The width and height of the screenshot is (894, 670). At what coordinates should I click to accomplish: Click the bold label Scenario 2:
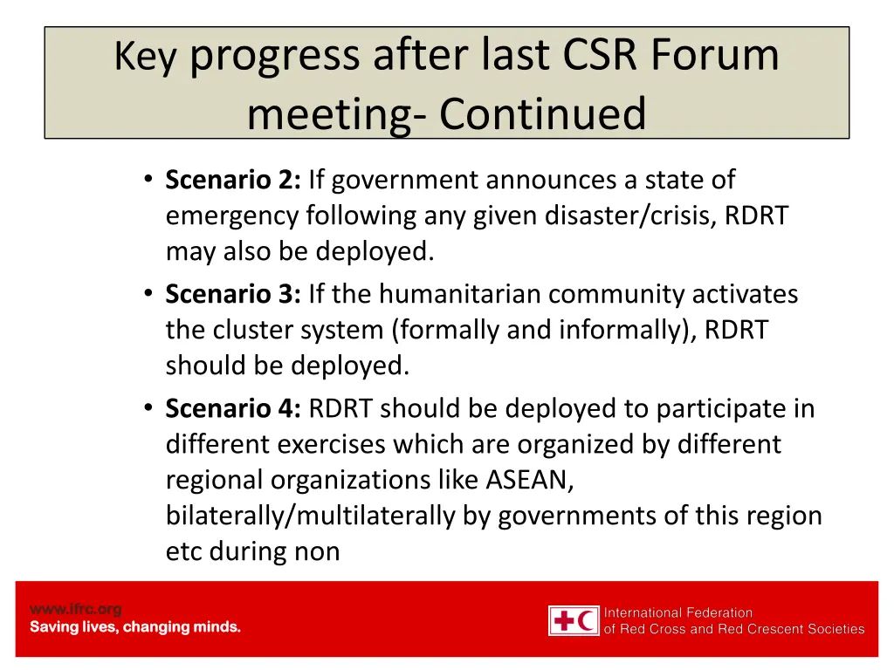point(233,180)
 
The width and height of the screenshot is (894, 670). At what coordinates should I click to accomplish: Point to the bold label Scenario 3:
point(233,294)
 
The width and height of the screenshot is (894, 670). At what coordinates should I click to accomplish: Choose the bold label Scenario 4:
point(233,408)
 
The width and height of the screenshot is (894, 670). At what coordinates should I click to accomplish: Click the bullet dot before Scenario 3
point(148,294)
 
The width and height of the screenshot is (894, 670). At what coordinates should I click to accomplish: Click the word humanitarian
point(459,294)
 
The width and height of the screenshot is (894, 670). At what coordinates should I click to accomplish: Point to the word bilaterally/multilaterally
point(311,516)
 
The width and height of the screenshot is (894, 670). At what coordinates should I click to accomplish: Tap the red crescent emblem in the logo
point(588,621)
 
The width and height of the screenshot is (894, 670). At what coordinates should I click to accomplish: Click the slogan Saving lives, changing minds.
point(135,627)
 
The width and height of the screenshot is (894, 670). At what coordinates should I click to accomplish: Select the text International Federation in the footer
point(678,612)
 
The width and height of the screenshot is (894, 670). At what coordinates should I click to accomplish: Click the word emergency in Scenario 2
point(233,215)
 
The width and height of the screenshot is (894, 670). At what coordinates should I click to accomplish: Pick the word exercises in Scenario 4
point(333,444)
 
